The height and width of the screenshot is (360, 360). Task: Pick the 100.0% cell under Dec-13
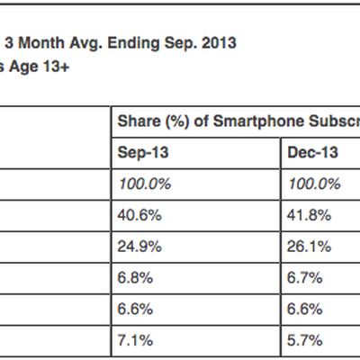pyautogui.click(x=314, y=184)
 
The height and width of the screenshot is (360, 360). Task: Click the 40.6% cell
pyautogui.click(x=137, y=215)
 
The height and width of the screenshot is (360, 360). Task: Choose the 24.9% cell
pyautogui.click(x=137, y=247)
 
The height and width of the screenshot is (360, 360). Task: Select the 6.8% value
pyautogui.click(x=133, y=278)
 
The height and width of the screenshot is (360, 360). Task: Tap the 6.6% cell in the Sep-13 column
pyautogui.click(x=133, y=310)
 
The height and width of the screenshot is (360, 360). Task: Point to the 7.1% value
pyautogui.click(x=133, y=341)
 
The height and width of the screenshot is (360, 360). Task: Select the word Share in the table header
pyautogui.click(x=138, y=121)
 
